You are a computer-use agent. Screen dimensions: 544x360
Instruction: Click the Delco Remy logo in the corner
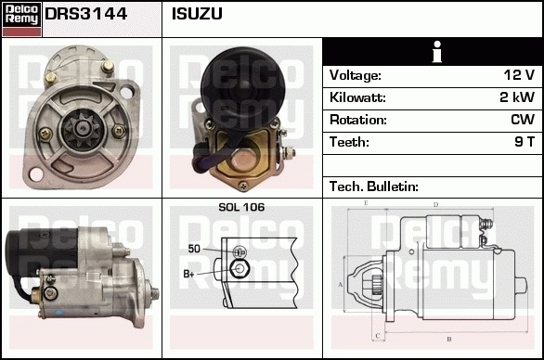21,19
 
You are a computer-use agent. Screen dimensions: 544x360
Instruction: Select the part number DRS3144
86,14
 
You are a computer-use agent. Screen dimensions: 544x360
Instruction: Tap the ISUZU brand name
197,14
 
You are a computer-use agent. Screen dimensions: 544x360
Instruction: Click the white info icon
437,52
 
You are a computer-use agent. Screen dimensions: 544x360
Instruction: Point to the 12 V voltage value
519,75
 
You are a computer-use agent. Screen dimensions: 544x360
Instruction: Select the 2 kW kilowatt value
517,97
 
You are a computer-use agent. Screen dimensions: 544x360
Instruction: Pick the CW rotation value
523,120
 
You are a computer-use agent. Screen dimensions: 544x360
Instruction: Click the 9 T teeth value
525,142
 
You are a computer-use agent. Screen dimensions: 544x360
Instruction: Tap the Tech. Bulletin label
374,186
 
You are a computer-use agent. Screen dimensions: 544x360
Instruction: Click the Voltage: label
356,75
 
